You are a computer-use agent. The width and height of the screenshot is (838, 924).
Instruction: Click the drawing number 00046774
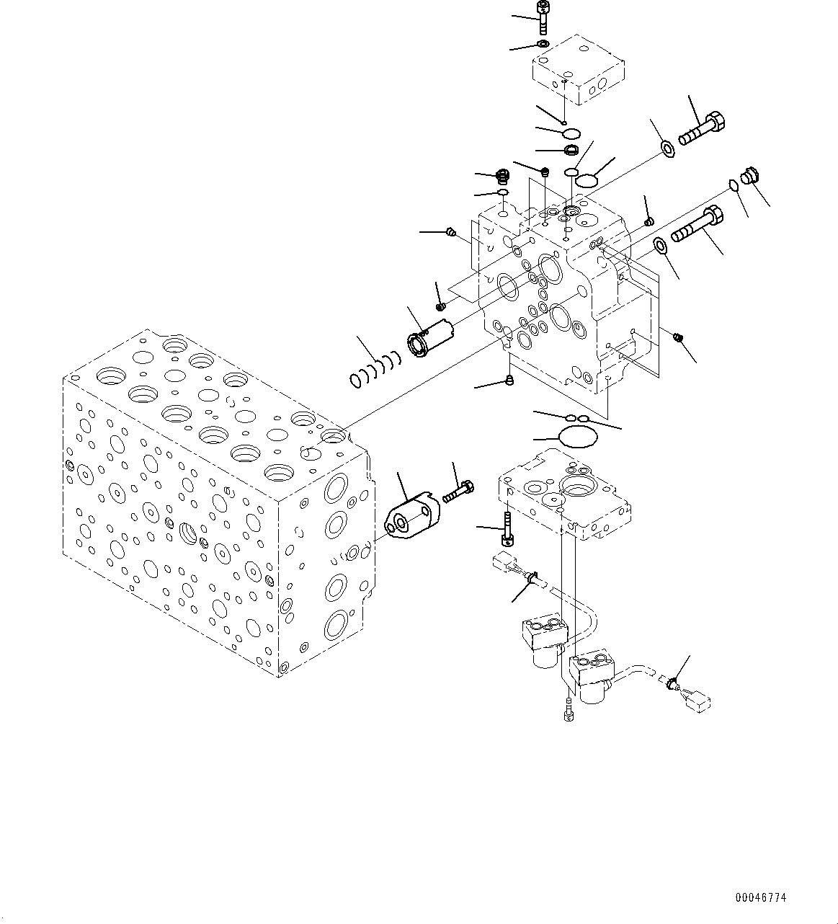pyautogui.click(x=761, y=898)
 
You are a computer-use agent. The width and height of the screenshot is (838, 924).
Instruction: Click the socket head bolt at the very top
pyautogui.click(x=543, y=17)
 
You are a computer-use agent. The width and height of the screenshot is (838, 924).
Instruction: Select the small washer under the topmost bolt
pyautogui.click(x=543, y=45)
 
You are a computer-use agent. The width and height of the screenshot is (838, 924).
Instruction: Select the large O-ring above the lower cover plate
pyautogui.click(x=579, y=436)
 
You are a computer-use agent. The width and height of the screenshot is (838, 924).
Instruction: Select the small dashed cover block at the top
pyautogui.click(x=578, y=72)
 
